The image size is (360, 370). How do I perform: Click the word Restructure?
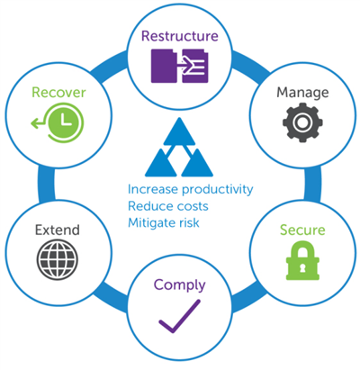coord(180,36)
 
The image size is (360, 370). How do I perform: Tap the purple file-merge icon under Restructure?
coord(179,66)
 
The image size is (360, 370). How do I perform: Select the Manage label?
coord(302,94)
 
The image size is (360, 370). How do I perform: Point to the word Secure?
coord(302,230)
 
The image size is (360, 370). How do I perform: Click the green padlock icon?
coord(302,260)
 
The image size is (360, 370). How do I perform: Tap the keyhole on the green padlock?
coord(302,267)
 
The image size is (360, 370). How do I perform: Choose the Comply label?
coord(180,285)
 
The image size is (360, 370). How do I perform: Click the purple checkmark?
coord(179,316)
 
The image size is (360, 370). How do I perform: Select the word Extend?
coord(58,230)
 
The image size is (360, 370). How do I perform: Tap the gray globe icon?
coord(58,259)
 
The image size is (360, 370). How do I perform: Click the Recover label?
coord(58,93)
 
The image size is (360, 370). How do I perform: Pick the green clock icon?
coord(64,122)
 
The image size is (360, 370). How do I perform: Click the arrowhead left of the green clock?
coord(34,123)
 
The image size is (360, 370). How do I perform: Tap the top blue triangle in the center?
coord(179,131)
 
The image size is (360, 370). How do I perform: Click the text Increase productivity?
coord(190,190)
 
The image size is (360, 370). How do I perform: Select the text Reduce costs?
coord(168,206)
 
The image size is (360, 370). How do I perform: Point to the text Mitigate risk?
coord(164,222)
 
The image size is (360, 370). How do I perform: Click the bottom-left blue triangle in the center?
coord(161,163)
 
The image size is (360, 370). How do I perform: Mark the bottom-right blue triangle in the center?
coord(197,163)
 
